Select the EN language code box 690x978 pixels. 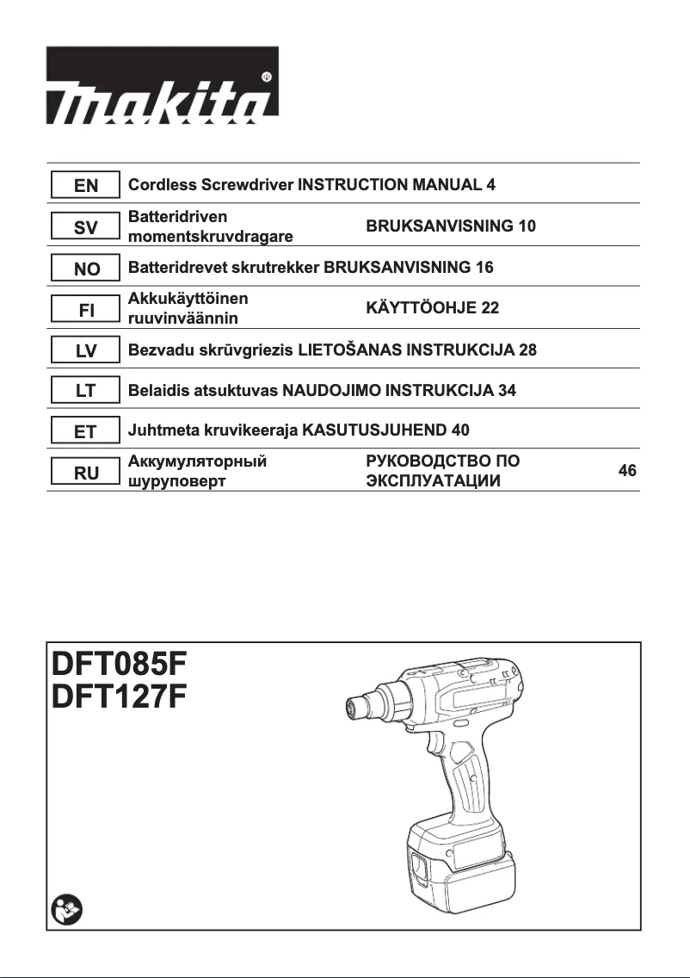tap(85, 184)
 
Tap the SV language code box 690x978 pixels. tap(85, 226)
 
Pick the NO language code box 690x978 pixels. tap(85, 268)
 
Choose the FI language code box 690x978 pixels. tap(85, 309)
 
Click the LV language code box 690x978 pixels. tap(85, 350)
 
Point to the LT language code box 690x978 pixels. tap(85, 391)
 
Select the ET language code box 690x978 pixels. tap(85, 431)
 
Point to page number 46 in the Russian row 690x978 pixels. tap(627, 471)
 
